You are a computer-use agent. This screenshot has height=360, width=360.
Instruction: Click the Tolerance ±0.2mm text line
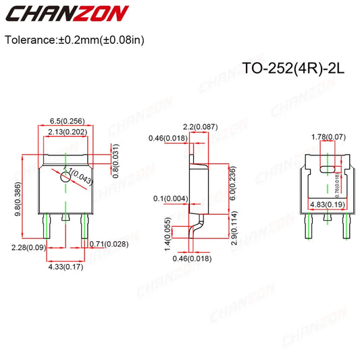74,39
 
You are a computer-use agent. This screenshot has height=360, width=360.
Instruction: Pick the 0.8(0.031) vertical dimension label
115,161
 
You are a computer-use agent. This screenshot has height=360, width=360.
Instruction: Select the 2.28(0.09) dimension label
28,248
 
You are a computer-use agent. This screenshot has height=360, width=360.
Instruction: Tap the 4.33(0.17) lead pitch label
66,267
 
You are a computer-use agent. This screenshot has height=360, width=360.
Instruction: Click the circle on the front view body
65,177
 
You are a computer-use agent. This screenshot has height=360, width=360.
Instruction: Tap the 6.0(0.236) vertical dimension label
233,182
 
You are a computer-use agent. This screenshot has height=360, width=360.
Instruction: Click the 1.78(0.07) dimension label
328,137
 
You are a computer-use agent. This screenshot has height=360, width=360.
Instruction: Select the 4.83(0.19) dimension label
328,204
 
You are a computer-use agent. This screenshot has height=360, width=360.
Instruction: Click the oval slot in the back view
328,169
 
